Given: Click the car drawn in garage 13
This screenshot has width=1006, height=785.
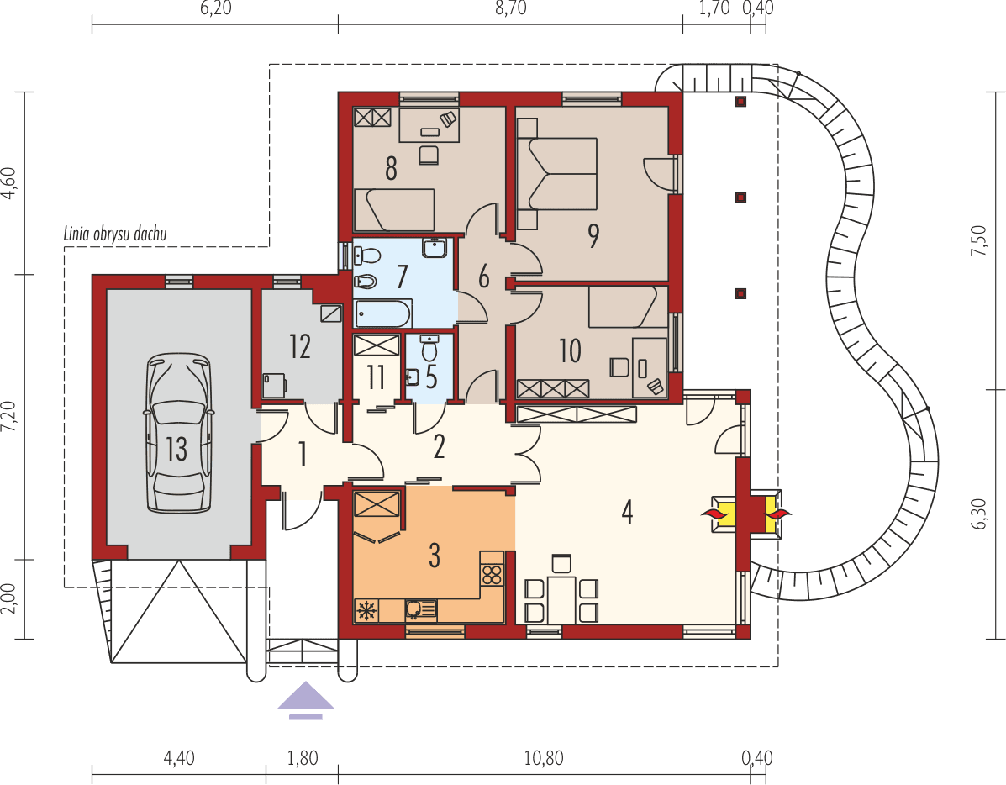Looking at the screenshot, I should (177, 433).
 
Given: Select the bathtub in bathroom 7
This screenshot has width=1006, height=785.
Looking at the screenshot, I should (383, 314).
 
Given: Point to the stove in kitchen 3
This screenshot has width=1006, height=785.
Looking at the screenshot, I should (492, 575).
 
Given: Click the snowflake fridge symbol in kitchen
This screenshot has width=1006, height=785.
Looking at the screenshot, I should (366, 610).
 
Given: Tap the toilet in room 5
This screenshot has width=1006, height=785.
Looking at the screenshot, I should (429, 346).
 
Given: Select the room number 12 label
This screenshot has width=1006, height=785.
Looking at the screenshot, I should (300, 346).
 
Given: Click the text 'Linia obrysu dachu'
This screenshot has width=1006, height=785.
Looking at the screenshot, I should (115, 234).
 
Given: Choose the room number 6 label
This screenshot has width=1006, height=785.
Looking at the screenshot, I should (483, 277).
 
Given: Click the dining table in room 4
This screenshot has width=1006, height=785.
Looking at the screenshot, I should (561, 599).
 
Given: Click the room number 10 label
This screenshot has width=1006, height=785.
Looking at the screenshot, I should (570, 350).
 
